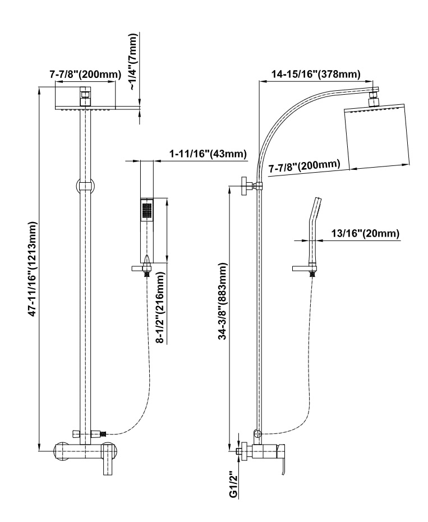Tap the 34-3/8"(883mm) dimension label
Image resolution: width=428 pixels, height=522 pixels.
[224, 302]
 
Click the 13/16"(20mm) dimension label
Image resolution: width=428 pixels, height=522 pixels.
[364, 234]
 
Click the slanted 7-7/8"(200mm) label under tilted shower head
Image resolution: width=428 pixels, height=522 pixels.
[305, 167]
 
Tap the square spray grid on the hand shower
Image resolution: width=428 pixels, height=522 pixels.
[147, 210]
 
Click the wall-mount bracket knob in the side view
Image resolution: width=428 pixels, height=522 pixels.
[246, 186]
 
